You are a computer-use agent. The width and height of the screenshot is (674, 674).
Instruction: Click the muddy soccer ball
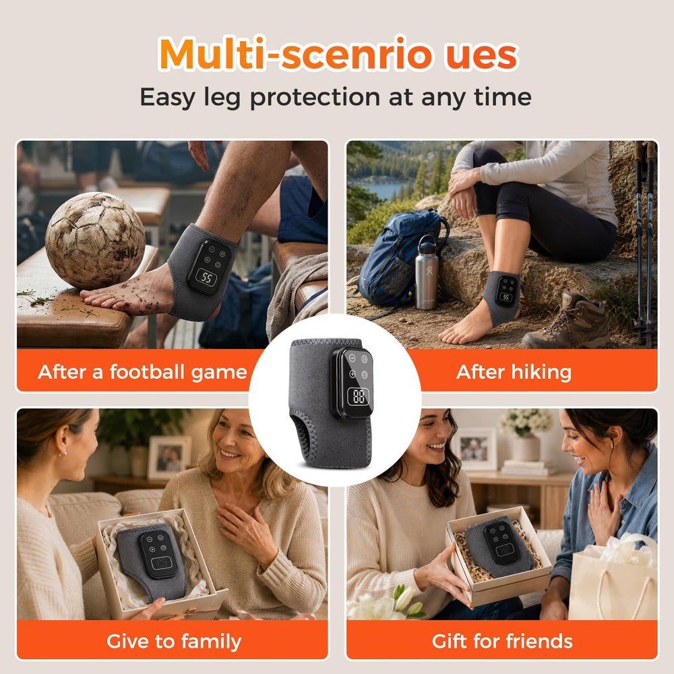95,240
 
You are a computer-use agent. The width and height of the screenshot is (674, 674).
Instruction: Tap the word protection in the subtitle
315,97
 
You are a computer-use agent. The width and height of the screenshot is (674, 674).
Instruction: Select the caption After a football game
142,372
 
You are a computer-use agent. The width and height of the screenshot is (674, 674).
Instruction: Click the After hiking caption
514,372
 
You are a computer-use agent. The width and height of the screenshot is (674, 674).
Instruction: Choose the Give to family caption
174,642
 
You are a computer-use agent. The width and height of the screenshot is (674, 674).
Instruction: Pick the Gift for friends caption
502,642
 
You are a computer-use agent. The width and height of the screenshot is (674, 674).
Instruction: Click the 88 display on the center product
359,396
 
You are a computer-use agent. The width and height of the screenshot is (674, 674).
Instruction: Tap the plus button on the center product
352,374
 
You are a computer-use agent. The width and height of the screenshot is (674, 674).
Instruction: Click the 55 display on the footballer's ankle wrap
207,278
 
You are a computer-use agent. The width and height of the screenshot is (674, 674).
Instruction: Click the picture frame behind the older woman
169,458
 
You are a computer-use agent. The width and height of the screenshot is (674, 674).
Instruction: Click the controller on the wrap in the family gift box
158,553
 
